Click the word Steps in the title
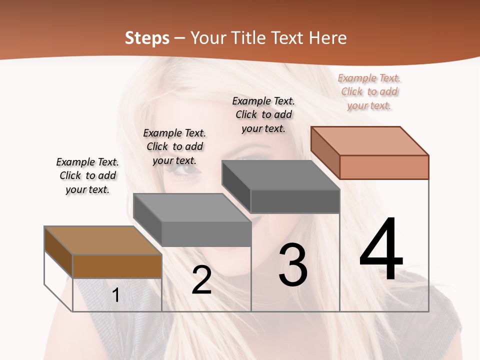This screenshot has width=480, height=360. pos(147,38)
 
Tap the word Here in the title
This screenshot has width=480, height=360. pos(327,38)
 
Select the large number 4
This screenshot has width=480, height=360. pos(381,250)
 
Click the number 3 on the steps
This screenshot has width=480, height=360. pos(293,265)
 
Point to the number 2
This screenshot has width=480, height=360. pos(201,280)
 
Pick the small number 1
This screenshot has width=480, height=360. pos(116,295)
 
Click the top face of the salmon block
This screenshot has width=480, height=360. pos(370,140)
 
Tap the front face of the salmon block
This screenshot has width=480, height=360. pos(384,167)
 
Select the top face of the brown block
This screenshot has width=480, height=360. pos(103,240)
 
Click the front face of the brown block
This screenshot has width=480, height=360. pos(117,266)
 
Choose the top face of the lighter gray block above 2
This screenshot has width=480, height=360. pos(192,208)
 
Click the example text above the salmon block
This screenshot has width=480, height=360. pos(369,91)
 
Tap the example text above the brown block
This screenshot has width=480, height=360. pos(87,175)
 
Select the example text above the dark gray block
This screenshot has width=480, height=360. pos(263,114)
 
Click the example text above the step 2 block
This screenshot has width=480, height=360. pos(174,146)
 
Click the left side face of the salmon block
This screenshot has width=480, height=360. pos(325,152)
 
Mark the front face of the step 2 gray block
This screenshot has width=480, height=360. pos(206,234)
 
